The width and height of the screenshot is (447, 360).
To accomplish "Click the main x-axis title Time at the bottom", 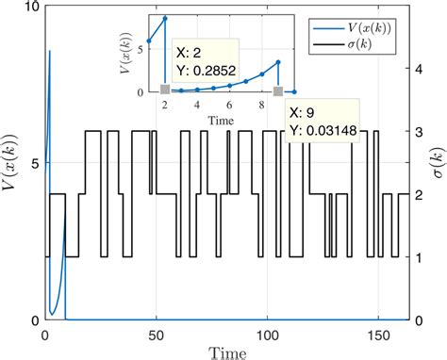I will (x=225, y=352).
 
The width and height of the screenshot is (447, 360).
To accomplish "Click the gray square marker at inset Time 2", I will (x=165, y=90).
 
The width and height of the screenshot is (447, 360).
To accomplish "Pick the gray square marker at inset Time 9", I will (x=278, y=90).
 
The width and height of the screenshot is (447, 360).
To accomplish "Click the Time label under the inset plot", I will (x=223, y=120).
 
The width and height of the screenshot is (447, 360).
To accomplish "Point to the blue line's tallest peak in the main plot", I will (x=50, y=51).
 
